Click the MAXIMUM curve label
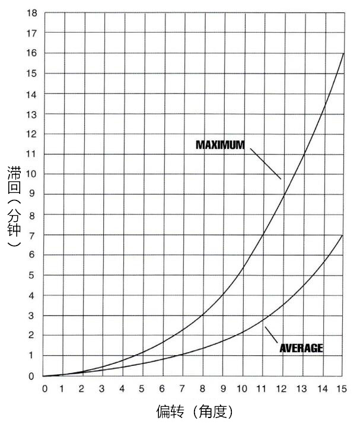pyautogui.click(x=220, y=144)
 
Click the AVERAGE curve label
pyautogui.click(x=301, y=348)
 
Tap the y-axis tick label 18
pyautogui.click(x=31, y=13)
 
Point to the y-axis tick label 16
pyautogui.click(x=31, y=53)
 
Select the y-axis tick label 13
pyautogui.click(x=31, y=114)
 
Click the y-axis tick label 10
pyautogui.click(x=31, y=174)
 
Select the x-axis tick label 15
pyautogui.click(x=341, y=388)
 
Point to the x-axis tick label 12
pyautogui.click(x=282, y=388)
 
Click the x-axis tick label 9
pyautogui.click(x=222, y=388)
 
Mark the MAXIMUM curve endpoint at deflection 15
pyautogui.click(x=343, y=54)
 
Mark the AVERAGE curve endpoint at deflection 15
pyautogui.click(x=343, y=235)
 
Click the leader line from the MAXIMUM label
pyautogui.click(x=265, y=163)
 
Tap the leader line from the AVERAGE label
pyautogui.click(x=272, y=335)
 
